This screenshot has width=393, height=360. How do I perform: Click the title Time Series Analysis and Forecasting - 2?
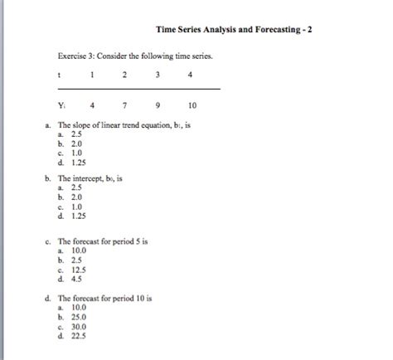(234, 31)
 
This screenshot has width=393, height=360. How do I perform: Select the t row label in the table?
(60, 75)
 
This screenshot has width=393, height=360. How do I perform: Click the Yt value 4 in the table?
(91, 105)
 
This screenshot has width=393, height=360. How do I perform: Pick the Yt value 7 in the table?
(124, 105)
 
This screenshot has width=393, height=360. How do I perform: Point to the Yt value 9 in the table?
(158, 105)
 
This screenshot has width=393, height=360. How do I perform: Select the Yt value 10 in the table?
(192, 105)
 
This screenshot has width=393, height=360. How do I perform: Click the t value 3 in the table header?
(158, 75)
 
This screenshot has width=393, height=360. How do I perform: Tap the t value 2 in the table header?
(124, 75)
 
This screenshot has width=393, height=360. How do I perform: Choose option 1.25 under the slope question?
(79, 163)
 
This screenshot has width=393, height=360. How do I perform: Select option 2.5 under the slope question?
(76, 134)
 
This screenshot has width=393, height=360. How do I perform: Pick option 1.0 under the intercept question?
(76, 207)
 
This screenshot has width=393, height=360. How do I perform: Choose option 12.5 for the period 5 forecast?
(79, 270)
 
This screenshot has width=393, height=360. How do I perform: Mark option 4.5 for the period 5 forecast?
(76, 280)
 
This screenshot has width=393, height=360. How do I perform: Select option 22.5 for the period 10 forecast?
(79, 336)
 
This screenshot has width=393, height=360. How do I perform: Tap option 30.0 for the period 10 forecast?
(79, 326)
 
